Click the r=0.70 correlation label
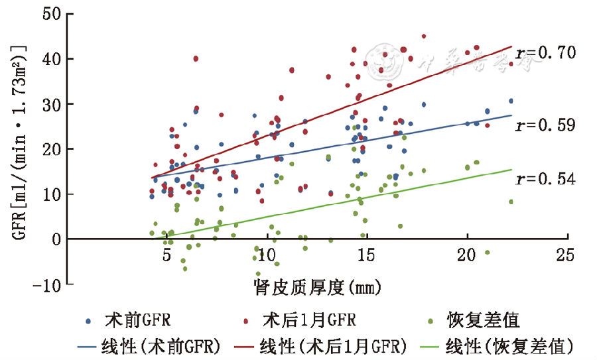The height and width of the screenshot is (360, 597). tap(545, 52)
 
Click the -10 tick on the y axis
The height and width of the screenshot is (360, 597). tap(50, 284)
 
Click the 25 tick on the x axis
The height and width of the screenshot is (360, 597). tap(566, 255)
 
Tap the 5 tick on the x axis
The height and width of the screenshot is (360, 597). tap(166, 255)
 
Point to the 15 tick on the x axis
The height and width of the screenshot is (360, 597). tap(366, 255)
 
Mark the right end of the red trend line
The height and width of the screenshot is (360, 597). tap(511, 47)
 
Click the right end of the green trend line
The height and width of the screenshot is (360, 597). tap(511, 169)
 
